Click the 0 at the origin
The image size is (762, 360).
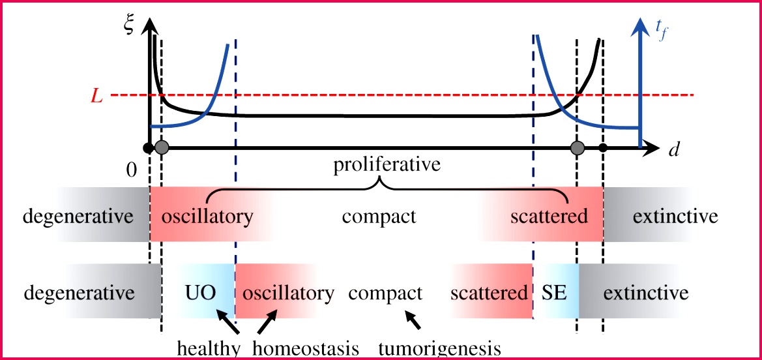coord(132,172)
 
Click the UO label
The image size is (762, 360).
coord(199,292)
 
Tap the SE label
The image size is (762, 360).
coord(554,292)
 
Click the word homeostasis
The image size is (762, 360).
coord(305,349)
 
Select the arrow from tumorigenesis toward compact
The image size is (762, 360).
coord(413,320)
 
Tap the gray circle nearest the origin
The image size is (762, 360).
coord(162,148)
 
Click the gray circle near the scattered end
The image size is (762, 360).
coord(576,148)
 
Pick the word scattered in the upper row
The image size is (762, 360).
coord(549,216)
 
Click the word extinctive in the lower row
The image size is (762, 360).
coord(645,292)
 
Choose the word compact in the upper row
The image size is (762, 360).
coord(379,216)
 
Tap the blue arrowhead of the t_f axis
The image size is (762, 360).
coord(641,24)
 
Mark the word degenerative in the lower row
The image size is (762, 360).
coord(79,292)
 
